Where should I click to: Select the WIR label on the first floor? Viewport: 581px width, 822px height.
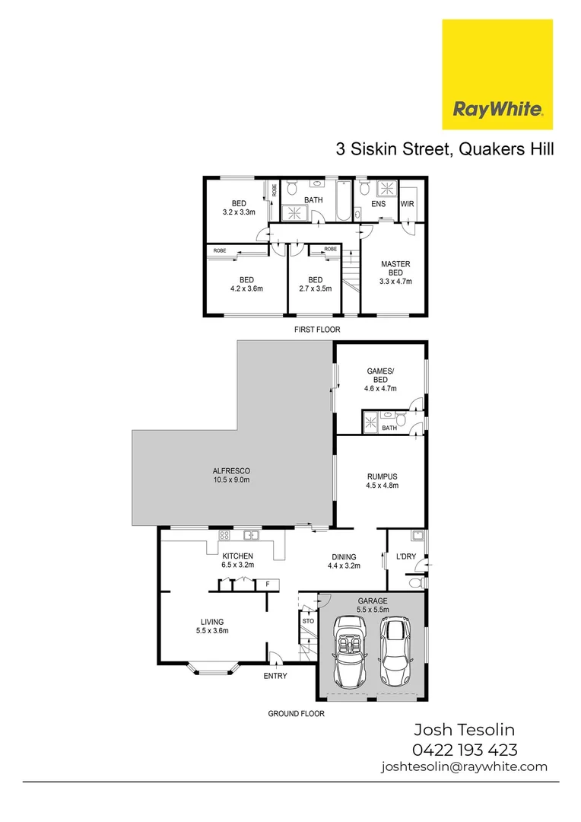(407, 204)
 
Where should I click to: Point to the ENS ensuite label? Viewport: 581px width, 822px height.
(378, 204)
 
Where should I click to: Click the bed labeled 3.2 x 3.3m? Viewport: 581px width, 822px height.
(239, 208)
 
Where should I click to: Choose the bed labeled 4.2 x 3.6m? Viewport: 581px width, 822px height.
(246, 284)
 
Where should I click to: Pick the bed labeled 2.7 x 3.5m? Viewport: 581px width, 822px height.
(315, 284)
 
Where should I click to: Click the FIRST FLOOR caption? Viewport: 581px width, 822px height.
(317, 330)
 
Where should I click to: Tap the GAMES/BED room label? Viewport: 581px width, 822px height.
(381, 379)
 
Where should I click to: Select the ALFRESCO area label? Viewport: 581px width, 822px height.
(231, 475)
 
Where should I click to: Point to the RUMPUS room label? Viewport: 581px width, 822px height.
(382, 481)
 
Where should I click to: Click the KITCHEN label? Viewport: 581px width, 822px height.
(237, 559)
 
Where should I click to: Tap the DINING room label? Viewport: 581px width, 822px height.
(344, 561)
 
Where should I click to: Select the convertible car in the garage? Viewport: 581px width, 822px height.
(351, 652)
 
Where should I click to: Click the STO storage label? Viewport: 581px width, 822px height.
(308, 621)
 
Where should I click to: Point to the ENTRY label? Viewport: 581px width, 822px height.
(275, 675)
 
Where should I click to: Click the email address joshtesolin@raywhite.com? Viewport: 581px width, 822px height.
(464, 766)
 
